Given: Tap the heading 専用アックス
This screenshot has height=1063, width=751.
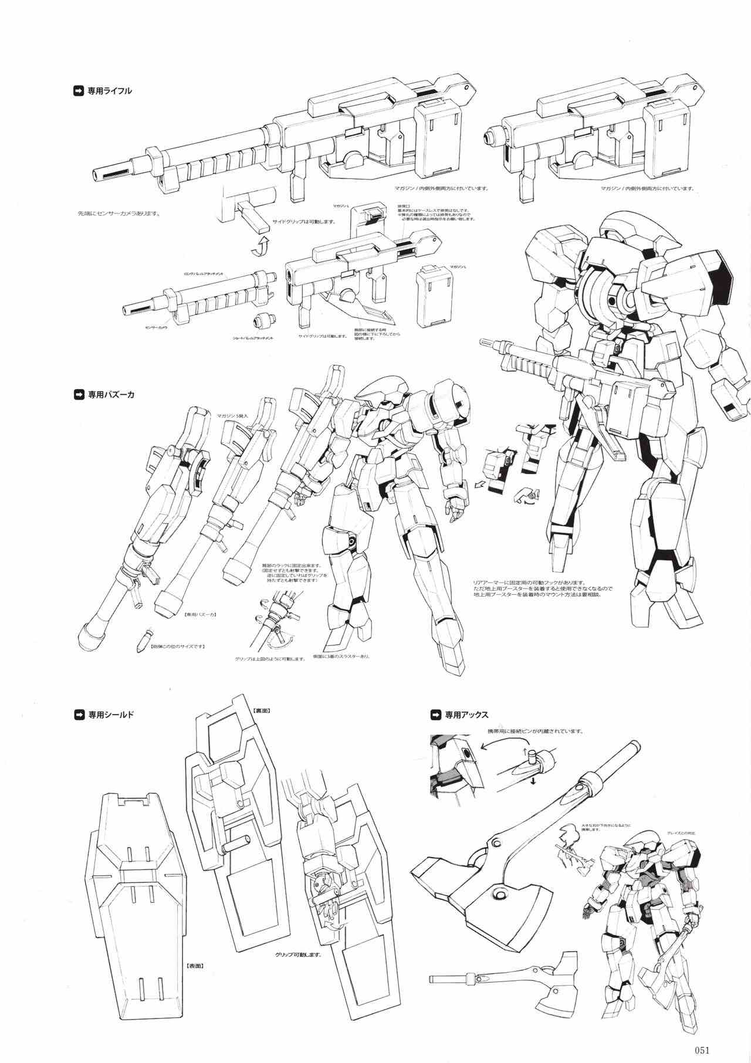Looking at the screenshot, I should (466, 715).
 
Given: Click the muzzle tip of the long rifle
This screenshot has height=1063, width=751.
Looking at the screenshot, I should (97, 174).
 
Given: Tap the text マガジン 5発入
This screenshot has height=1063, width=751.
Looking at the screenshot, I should (233, 415).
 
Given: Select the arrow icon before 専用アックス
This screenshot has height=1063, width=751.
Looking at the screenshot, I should (435, 715).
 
